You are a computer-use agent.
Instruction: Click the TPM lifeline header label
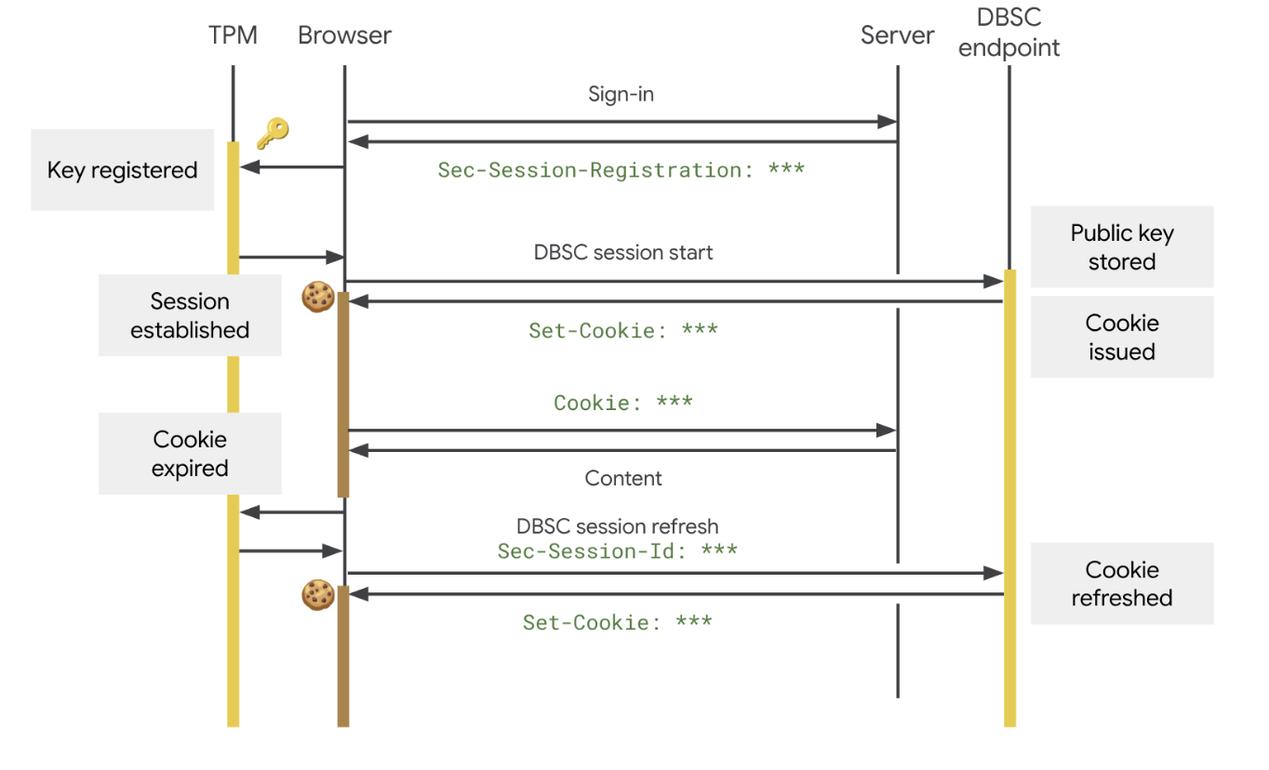(x=233, y=36)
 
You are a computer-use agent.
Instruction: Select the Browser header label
(x=344, y=36)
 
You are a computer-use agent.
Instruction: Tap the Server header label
(x=897, y=36)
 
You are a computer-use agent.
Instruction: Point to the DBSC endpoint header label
(x=1009, y=33)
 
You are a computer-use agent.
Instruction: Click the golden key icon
(x=273, y=133)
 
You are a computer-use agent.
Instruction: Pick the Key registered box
(x=123, y=170)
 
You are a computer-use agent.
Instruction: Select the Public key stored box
(x=1122, y=247)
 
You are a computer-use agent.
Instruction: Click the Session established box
(x=190, y=315)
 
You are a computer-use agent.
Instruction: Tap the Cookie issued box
(x=1122, y=337)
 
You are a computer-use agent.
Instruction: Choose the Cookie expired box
(x=190, y=454)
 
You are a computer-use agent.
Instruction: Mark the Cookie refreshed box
(x=1122, y=583)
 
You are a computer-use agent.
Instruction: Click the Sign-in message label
(x=621, y=94)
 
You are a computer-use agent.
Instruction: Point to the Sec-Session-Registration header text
(x=621, y=170)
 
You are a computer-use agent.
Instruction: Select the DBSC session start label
(x=623, y=252)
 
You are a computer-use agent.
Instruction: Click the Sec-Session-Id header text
(x=618, y=551)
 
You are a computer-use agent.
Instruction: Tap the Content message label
(x=623, y=478)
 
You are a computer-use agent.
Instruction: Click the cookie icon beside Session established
(x=318, y=297)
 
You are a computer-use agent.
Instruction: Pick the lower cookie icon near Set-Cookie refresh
(x=318, y=595)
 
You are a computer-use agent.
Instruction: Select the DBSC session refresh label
(x=618, y=526)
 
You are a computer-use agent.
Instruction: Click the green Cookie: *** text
(x=623, y=403)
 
